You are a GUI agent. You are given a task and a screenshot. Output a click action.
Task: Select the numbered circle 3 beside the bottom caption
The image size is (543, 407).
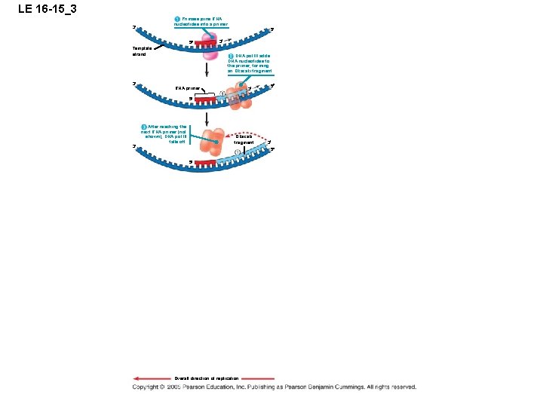[144, 126]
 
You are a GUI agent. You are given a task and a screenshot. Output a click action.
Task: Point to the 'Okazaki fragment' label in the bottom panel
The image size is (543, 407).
[244, 139]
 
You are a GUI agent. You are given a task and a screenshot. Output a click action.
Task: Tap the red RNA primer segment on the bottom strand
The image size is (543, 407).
[202, 161]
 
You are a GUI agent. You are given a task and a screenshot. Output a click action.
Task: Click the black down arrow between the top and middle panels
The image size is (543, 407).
[207, 69]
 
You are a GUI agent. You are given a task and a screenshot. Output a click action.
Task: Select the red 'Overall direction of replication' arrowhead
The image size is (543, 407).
[137, 378]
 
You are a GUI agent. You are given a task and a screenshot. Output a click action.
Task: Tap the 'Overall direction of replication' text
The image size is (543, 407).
[207, 378]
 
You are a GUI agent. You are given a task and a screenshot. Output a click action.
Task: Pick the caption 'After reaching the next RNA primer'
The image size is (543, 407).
[167, 133]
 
